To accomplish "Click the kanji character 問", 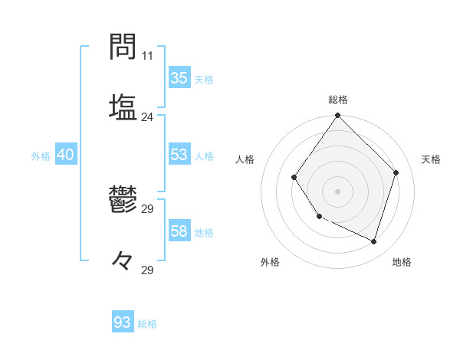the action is click(123, 47).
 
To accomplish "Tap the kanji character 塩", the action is click(123, 107).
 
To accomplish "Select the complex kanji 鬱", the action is click(123, 203).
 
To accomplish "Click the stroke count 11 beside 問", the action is click(147, 56).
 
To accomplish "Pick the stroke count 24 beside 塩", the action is click(147, 116).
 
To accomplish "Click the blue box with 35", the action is click(179, 78).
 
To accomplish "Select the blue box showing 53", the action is click(179, 155).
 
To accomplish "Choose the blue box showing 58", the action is click(179, 231).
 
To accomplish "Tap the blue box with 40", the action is click(65, 155).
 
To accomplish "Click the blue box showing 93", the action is click(122, 322).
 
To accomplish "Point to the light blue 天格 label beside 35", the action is click(204, 80).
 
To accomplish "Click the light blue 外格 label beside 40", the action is click(41, 156).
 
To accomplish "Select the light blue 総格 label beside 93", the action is click(147, 324).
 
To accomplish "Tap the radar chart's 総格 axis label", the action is click(338, 100).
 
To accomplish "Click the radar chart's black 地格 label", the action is click(402, 262).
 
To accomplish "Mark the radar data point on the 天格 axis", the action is click(396, 172).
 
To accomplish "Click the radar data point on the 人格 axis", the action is click(294, 178).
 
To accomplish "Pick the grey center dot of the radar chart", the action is click(337, 191).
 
